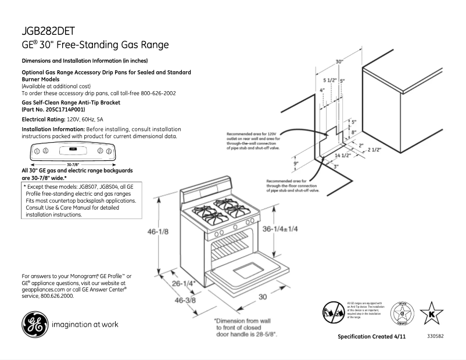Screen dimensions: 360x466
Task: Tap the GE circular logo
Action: (34, 325)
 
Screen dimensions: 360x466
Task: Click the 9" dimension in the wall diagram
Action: (296, 164)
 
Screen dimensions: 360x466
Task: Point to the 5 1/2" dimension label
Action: (329, 80)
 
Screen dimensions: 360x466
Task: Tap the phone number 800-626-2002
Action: (153, 93)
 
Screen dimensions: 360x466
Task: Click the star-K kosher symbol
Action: (431, 313)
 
